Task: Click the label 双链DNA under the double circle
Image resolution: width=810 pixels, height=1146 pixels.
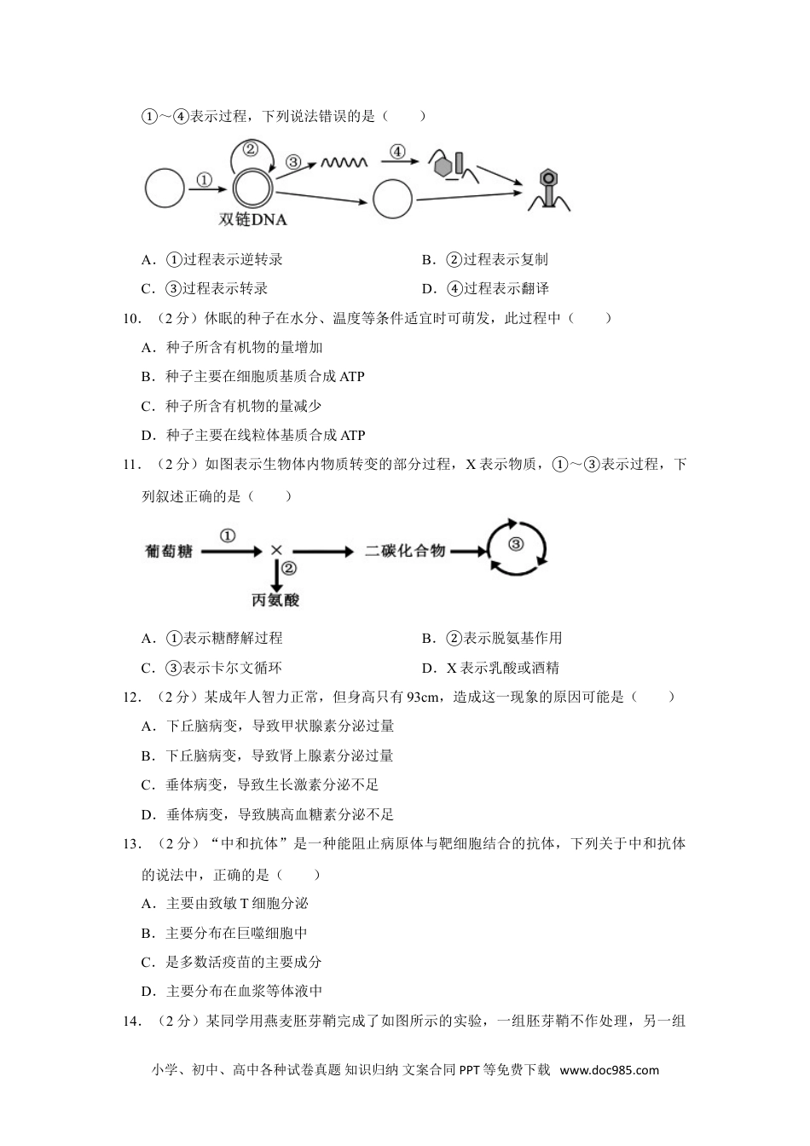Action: (x=252, y=219)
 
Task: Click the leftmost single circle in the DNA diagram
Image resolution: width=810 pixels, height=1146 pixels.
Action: (x=165, y=188)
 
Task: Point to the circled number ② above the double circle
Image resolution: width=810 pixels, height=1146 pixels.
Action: (x=250, y=149)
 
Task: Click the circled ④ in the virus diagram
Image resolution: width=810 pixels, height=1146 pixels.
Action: (x=397, y=152)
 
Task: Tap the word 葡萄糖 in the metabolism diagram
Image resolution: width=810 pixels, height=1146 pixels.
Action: (x=169, y=552)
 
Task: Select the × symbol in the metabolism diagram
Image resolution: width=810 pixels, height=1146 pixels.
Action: (x=276, y=551)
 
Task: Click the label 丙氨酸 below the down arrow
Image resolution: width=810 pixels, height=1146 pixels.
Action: (x=275, y=600)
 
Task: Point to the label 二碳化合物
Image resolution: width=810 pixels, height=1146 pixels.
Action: (x=405, y=551)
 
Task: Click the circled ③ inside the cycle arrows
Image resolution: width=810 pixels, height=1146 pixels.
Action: (x=515, y=544)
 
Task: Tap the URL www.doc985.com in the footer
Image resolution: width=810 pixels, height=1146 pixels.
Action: (x=610, y=1070)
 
